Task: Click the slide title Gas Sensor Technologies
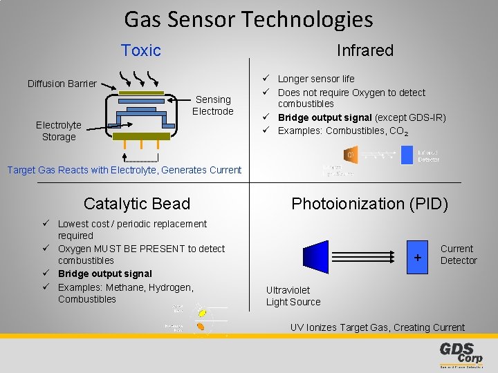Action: tap(248, 19)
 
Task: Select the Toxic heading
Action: tap(140, 50)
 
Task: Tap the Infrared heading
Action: tap(365, 50)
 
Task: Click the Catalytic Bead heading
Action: tap(136, 204)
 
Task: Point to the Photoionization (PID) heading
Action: tap(369, 204)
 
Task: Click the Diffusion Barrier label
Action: tap(62, 84)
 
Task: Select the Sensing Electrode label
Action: tap(213, 105)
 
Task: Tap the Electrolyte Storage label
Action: tap(59, 131)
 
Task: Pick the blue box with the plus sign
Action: tap(417, 257)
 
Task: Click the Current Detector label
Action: tap(458, 254)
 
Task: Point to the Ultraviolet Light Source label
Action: tap(293, 296)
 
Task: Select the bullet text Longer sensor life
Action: tap(315, 79)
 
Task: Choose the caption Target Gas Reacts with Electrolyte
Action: tap(124, 170)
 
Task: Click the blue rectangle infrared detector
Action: tap(407, 155)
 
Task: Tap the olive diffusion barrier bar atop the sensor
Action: tap(146, 93)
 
